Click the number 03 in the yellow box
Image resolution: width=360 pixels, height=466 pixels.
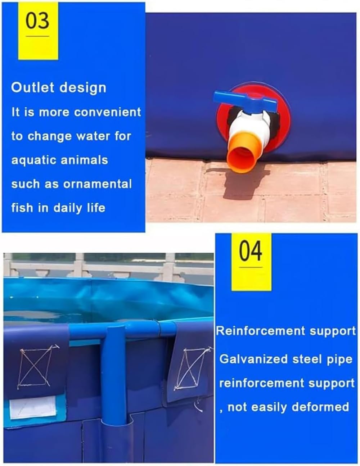pyautogui.click(x=37, y=21)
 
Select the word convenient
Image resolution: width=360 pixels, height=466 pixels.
pyautogui.click(x=108, y=112)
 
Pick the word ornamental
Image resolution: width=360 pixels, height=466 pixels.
pyautogui.click(x=98, y=184)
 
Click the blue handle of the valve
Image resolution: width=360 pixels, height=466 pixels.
pyautogui.click(x=245, y=100)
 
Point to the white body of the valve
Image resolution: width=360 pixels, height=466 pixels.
pyautogui.click(x=250, y=128)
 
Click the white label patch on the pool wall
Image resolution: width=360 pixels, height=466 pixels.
pyautogui.click(x=32, y=407)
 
